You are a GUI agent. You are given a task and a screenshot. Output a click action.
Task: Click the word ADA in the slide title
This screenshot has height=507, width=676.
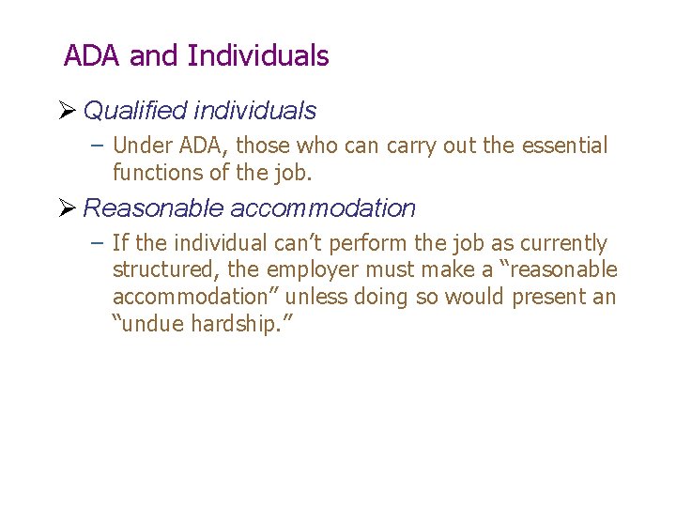click(x=93, y=56)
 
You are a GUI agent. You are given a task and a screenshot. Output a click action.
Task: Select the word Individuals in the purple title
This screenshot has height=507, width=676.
click(x=258, y=56)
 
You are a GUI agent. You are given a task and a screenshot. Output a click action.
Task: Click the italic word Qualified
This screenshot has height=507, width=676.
click(x=134, y=111)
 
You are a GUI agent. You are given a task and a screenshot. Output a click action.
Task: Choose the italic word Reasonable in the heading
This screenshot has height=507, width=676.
click(x=153, y=208)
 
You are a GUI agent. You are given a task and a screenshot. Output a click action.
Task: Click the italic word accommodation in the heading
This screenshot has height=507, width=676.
click(x=322, y=208)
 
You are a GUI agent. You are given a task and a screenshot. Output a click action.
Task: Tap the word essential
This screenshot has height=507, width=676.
click(x=564, y=146)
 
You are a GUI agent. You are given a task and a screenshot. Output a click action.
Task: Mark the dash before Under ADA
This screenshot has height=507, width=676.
click(x=99, y=146)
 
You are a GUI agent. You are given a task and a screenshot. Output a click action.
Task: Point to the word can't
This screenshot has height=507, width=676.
click(x=300, y=244)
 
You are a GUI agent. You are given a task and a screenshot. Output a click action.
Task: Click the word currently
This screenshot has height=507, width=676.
click(x=562, y=244)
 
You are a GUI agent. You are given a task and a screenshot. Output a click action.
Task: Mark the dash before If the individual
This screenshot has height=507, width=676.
click(x=99, y=244)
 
